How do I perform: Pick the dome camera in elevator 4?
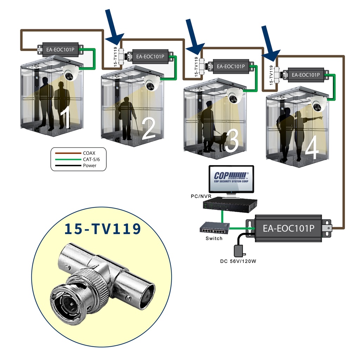click(319, 104)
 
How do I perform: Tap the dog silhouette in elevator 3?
click(219, 141)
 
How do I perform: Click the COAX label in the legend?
click(89, 153)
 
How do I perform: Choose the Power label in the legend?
click(90, 166)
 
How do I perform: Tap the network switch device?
click(214, 229)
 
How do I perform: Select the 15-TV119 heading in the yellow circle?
click(103, 229)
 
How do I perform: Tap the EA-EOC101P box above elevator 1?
click(60, 49)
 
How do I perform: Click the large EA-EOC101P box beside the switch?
click(288, 228)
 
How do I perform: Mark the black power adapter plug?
click(239, 251)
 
